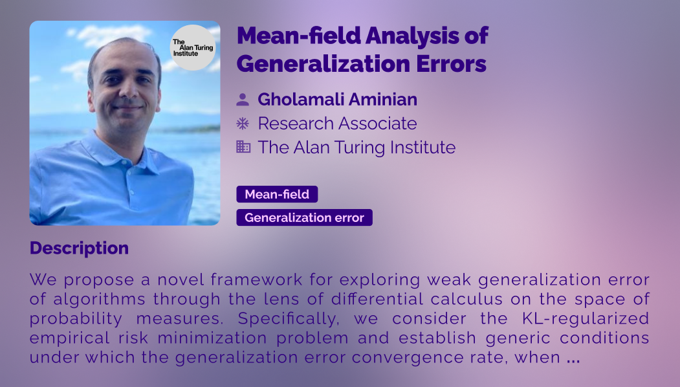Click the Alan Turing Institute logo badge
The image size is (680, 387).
coord(193,47)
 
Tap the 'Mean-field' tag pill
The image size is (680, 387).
coord(277,194)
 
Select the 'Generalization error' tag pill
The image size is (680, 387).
coord(305,217)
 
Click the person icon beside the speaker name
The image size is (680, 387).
coord(243,100)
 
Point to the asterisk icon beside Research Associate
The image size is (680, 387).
coord(243,124)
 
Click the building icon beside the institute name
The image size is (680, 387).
coord(243,147)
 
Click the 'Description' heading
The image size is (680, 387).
coord(79,248)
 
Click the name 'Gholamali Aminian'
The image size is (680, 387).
coord(337,100)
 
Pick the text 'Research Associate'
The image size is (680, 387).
coord(337,124)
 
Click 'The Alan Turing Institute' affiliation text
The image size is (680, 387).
coord(356,148)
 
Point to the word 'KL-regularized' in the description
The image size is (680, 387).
coord(586,318)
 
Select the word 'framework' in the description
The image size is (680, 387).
coord(256,280)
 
